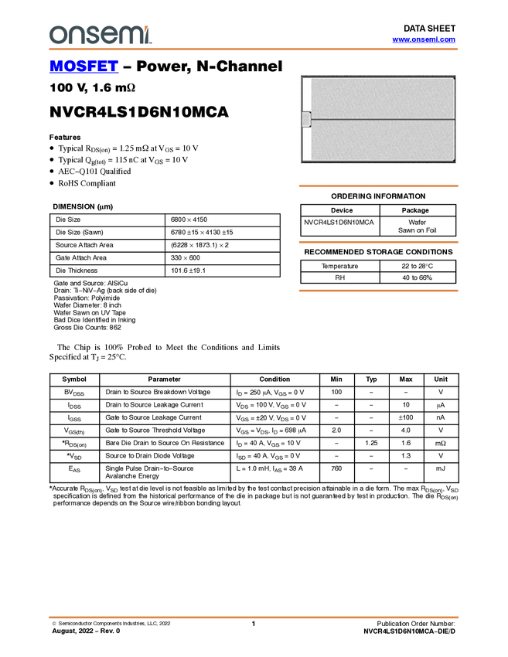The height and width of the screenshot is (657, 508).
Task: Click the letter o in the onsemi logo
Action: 58,36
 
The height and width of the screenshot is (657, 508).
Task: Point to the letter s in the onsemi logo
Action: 94,36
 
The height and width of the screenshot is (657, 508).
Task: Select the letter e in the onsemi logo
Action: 111,36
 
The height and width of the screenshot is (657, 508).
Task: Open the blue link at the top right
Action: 424,39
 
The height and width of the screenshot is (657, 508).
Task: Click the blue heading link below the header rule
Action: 84,67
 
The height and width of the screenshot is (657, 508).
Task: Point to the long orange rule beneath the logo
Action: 254,49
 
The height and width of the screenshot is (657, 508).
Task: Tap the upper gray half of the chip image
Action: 383,98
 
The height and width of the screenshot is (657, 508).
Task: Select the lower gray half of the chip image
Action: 383,141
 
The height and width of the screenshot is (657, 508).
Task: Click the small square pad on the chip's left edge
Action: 305,119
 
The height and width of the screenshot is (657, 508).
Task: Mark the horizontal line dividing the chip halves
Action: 383,120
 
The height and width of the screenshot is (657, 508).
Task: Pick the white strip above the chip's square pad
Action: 306,94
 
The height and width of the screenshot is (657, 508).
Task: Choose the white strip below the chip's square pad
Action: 306,144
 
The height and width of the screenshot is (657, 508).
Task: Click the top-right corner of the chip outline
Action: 454,78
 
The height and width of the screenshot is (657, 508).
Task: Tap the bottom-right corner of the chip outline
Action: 454,161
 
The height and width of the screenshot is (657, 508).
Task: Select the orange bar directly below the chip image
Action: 378,186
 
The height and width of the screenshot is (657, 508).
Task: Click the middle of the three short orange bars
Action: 378,242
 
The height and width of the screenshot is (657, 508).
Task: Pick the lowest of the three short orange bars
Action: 378,291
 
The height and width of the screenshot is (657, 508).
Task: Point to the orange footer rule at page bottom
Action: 254,618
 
